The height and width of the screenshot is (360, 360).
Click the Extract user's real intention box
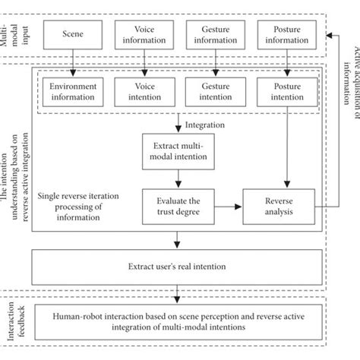(x=177, y=268)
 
